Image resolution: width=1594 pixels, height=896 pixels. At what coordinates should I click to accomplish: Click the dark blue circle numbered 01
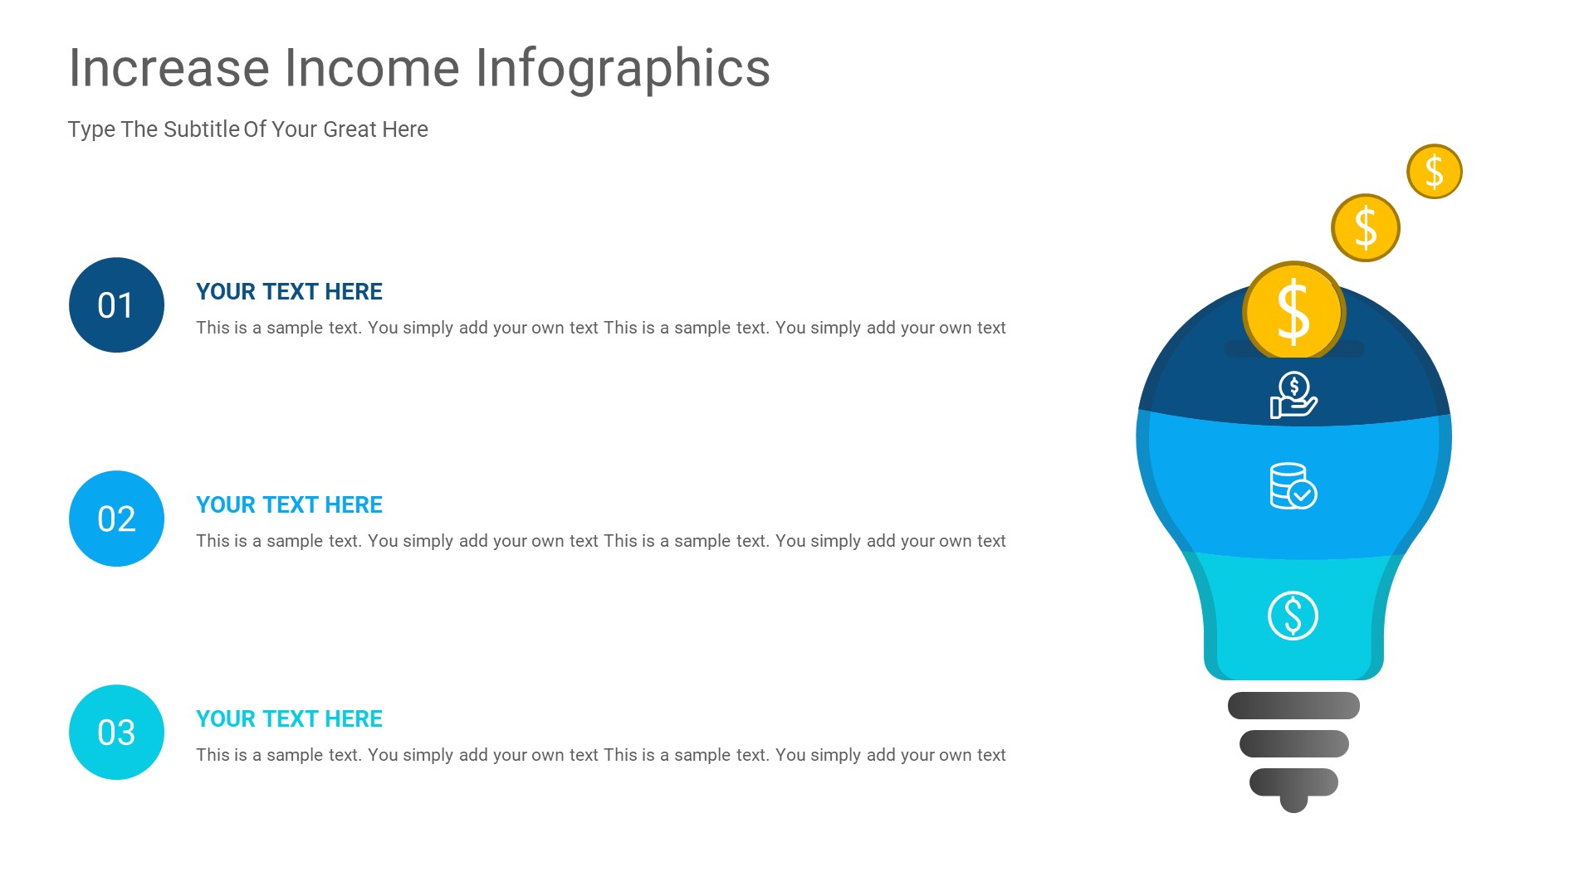116,304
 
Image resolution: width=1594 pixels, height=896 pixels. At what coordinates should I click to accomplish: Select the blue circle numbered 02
116,519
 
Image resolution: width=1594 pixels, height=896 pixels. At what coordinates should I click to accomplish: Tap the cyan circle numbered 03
116,732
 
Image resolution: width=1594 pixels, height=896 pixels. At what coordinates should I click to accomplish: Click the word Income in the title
372,68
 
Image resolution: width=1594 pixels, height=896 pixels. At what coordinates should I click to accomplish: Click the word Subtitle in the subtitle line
202,129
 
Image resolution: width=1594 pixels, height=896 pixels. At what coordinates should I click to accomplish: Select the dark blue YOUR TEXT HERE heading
289,292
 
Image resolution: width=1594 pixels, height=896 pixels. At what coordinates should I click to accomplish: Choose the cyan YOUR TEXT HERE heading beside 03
289,719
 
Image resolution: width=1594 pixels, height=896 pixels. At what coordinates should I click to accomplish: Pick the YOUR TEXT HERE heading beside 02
289,505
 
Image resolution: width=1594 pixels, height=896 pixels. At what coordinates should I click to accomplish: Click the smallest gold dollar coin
1434,172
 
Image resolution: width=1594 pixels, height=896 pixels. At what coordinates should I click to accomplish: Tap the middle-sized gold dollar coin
1365,228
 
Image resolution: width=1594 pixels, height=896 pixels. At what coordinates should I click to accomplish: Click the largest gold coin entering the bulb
1293,311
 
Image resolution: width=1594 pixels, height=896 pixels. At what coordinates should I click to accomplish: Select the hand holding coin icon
1293,395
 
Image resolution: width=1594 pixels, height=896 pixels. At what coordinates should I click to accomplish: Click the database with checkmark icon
1293,486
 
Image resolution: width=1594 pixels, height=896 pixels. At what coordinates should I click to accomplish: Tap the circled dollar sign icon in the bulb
1293,616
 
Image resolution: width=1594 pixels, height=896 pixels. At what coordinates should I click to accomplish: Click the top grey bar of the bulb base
1293,706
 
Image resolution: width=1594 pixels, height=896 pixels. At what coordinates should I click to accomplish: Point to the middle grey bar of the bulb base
1293,744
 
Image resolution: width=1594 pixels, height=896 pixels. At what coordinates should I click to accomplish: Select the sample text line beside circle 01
600,328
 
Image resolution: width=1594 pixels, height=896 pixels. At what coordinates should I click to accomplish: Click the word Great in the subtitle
350,129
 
